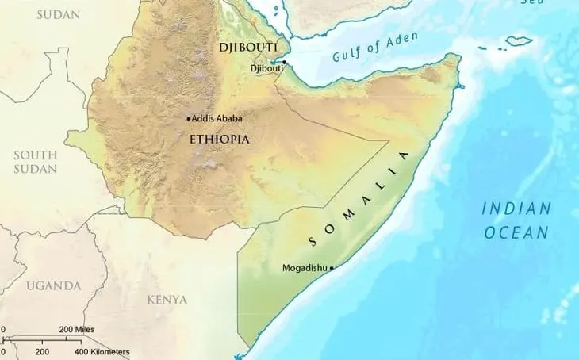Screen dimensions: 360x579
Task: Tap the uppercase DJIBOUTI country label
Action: click(x=247, y=48)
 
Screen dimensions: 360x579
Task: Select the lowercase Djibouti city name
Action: click(x=266, y=69)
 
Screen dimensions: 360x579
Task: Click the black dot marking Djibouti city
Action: click(x=284, y=62)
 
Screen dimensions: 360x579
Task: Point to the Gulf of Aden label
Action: click(x=375, y=50)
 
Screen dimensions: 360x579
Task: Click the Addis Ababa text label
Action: click(x=217, y=119)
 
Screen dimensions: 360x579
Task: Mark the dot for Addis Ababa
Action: click(x=189, y=119)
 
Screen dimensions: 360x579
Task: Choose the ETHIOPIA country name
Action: click(x=219, y=140)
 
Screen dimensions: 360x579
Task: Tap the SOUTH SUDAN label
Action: click(x=35, y=162)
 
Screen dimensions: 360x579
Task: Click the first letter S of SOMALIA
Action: click(x=311, y=240)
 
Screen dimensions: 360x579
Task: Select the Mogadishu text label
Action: click(x=305, y=268)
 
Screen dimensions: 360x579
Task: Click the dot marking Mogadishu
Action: click(x=332, y=268)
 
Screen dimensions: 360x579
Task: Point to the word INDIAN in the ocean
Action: click(x=516, y=209)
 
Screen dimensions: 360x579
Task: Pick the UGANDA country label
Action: click(x=52, y=285)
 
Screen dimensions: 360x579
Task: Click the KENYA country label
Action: click(x=167, y=300)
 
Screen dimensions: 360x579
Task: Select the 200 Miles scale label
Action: click(x=77, y=329)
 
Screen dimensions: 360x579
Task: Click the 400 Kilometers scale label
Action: click(x=102, y=350)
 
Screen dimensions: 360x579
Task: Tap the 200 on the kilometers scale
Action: click(x=42, y=350)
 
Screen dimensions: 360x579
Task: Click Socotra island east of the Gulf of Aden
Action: click(x=520, y=40)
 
